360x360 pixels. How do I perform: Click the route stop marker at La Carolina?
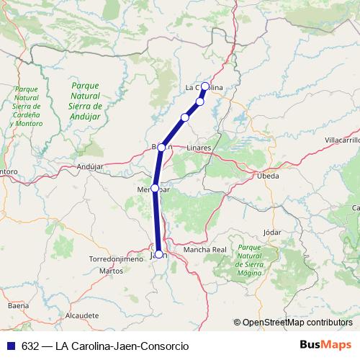pyautogui.click(x=205, y=86)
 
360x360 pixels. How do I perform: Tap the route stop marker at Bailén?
pyautogui.click(x=162, y=148)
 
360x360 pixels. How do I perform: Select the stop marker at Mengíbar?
pyautogui.click(x=155, y=188)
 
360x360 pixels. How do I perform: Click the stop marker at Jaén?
pyautogui.click(x=158, y=253)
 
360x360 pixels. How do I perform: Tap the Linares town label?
pyautogui.click(x=199, y=148)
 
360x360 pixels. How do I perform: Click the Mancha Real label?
pyautogui.click(x=205, y=250)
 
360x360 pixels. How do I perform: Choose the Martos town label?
pyautogui.click(x=112, y=271)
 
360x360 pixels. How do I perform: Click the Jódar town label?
pyautogui.click(x=272, y=233)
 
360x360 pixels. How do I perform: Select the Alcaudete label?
pyautogui.click(x=81, y=315)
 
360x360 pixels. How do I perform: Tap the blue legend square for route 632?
pyautogui.click(x=11, y=346)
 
